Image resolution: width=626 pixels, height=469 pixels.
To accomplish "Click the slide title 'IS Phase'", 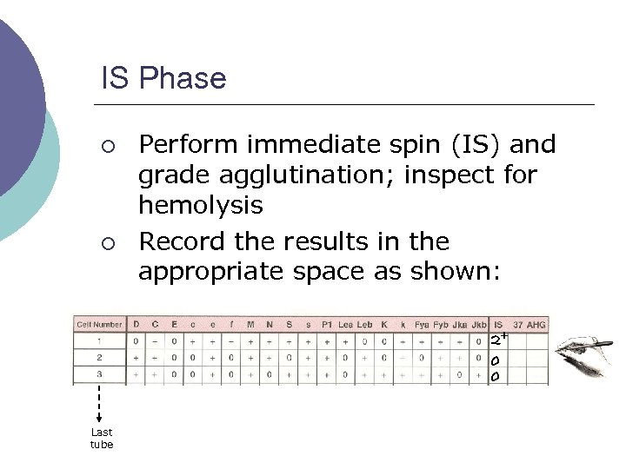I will [163, 79].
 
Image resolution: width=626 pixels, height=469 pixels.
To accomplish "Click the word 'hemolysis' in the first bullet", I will [200, 206].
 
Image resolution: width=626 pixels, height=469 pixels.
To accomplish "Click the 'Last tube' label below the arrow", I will [102, 439].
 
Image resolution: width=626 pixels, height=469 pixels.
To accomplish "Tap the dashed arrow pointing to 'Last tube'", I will [100, 403].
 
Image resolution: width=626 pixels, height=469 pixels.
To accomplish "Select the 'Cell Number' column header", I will [99, 325].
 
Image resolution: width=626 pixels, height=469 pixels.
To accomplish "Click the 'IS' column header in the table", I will [497, 325].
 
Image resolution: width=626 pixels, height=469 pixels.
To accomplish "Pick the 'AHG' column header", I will [536, 325].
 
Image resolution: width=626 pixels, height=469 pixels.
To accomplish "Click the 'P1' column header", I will [326, 325].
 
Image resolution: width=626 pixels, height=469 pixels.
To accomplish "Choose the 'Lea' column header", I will [345, 325].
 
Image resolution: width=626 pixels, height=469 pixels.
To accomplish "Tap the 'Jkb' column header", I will [478, 325].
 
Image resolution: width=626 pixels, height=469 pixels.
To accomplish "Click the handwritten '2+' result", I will [499, 340].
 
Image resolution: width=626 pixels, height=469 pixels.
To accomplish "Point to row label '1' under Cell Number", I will [99, 341].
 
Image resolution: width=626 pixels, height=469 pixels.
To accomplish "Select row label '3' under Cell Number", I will [99, 375].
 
